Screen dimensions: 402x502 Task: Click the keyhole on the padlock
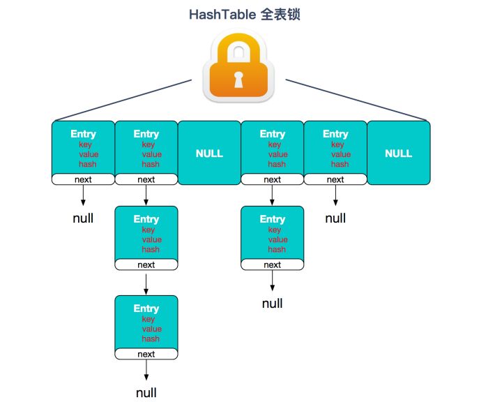coord(239,80)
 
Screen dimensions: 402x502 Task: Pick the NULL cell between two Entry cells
coord(209,153)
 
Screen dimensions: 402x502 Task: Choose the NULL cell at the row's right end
coord(398,153)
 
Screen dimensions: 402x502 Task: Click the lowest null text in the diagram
coord(146,392)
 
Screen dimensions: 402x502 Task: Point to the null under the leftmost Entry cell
coord(83,218)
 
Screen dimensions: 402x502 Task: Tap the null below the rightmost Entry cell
coord(335,218)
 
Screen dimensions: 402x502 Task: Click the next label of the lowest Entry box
coord(146,355)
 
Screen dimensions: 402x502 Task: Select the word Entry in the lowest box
coord(146,308)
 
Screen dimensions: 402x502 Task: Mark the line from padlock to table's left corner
coord(122,100)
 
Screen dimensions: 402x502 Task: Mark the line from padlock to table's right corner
coord(356,100)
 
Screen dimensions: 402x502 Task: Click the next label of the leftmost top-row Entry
coord(83,179)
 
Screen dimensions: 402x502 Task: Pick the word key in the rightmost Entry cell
coord(338,144)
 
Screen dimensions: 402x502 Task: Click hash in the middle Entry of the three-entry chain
coord(151,249)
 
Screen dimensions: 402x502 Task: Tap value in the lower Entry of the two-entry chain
coord(277,239)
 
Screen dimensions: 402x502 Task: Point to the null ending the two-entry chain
coord(273,303)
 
